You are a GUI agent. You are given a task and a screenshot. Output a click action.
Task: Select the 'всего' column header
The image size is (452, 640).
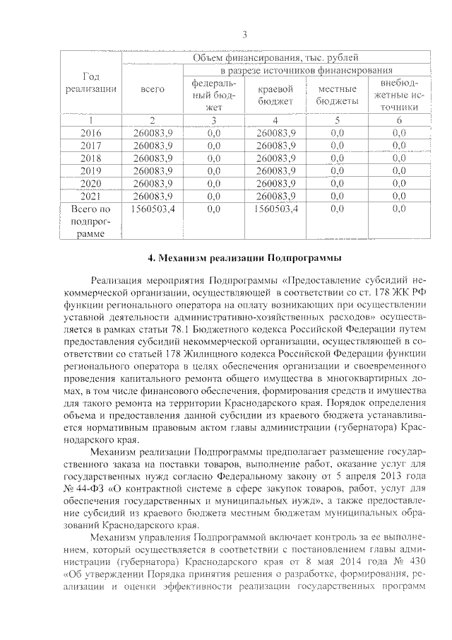(153, 89)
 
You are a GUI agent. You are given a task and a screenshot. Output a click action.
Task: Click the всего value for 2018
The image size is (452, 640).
(153, 157)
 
